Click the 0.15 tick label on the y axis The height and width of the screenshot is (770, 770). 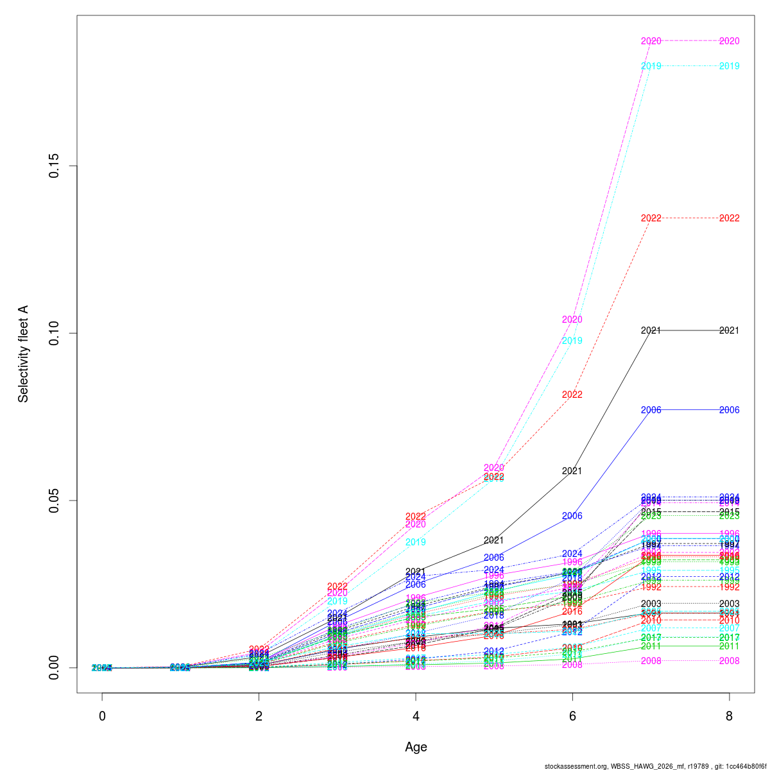coord(55,166)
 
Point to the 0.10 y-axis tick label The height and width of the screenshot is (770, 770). coord(55,333)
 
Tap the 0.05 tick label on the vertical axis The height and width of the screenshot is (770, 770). coord(55,501)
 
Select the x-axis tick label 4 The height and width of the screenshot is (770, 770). coord(416,716)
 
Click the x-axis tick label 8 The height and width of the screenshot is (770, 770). coord(729,716)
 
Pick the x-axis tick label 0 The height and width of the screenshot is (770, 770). coord(102,716)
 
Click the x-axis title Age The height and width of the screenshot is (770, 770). coord(416,747)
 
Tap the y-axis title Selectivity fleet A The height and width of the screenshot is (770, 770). coord(24,354)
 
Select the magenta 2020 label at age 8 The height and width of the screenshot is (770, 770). coord(729,41)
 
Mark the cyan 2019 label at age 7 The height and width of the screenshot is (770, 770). coord(651,66)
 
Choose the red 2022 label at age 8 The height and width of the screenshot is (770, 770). coord(729,218)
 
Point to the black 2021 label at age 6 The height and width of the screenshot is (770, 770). coord(572,471)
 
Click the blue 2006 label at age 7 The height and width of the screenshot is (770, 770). coord(651,410)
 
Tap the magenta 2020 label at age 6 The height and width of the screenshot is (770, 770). coord(572,320)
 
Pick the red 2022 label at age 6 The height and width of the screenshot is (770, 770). coord(572,395)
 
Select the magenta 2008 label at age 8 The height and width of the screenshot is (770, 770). coord(729,661)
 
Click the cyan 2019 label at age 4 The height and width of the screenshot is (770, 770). coord(416,542)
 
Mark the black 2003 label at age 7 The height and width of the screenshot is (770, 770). coord(651,604)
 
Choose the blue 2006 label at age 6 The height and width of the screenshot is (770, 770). coord(572,516)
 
